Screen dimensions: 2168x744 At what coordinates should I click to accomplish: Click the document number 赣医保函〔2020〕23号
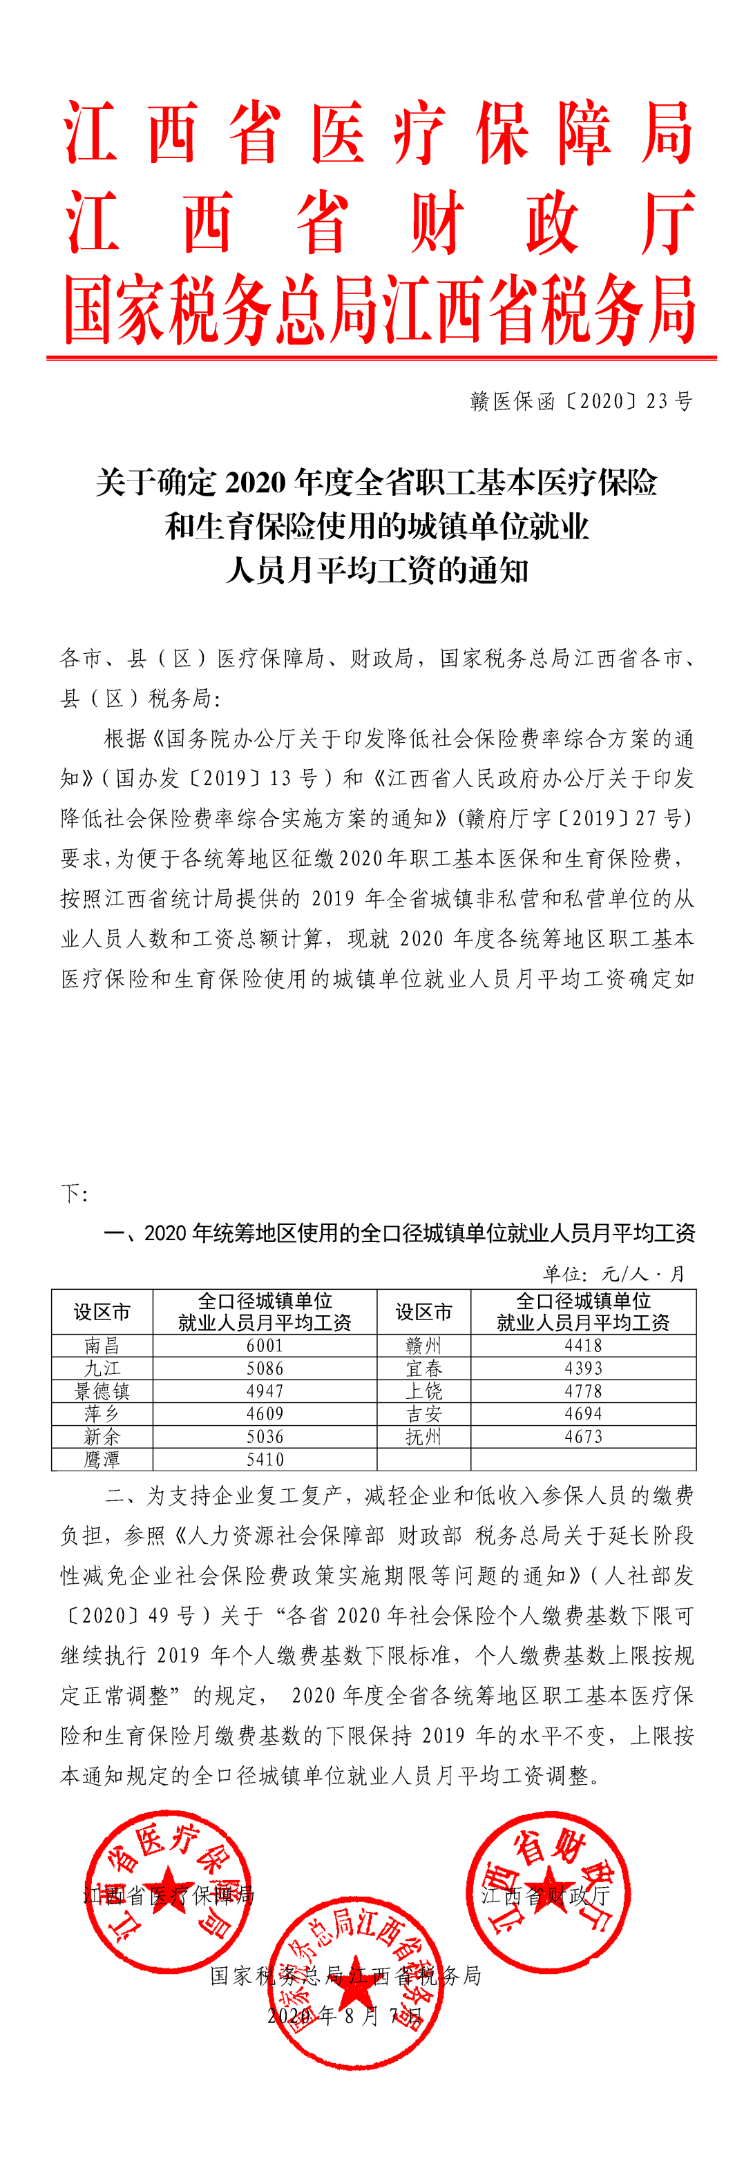(581, 401)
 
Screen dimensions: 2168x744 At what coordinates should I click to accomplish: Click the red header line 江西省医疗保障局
(379, 133)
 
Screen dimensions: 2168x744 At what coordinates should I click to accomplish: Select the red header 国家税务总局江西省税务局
(379, 310)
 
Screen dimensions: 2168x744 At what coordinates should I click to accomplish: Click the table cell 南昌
(102, 1346)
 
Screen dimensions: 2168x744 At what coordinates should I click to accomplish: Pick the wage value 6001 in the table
(265, 1346)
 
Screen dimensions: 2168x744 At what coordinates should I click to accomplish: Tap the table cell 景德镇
(102, 1391)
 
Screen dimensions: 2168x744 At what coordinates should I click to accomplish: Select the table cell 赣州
(423, 1346)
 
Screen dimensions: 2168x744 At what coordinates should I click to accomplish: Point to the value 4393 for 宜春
(583, 1368)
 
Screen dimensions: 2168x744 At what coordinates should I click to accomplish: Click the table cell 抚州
(423, 1437)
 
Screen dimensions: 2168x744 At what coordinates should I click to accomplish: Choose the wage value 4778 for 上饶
(583, 1391)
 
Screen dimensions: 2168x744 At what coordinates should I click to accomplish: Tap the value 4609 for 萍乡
(265, 1414)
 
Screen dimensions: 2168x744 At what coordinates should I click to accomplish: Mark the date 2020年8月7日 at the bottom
(345, 2015)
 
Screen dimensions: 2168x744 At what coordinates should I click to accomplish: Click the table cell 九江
(102, 1368)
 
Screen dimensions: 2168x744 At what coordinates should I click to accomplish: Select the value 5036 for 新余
(265, 1437)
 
